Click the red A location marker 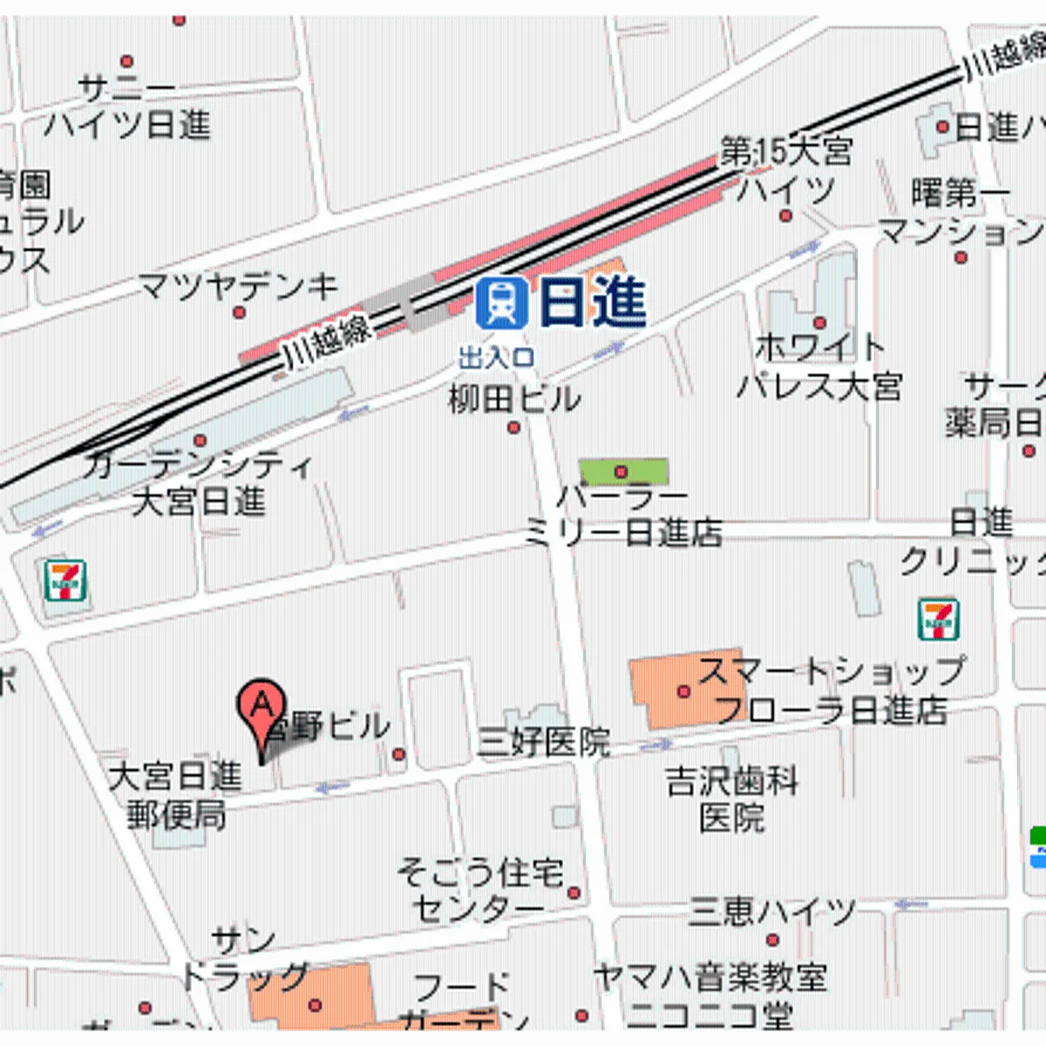coord(261,705)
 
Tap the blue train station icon coord(502,302)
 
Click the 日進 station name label coord(593,302)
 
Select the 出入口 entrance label coord(496,357)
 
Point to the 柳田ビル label coord(514,399)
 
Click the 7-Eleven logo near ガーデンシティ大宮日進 coord(65,581)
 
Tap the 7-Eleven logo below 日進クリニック coord(939,619)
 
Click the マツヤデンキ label coord(239,286)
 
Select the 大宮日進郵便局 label coord(176,794)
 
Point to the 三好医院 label coord(544,743)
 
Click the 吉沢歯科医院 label coord(732,798)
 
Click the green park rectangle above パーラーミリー coord(624,472)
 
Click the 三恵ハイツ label coord(772,913)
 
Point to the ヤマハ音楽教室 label coord(710,977)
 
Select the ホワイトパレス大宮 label coord(819,366)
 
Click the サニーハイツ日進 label coord(127,106)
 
